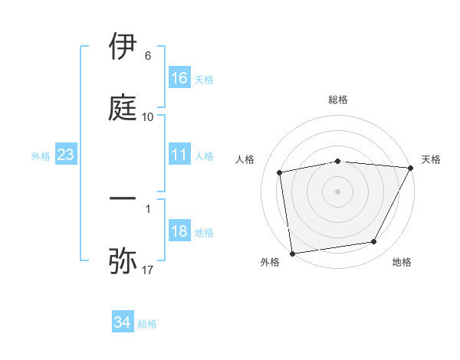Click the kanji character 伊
pos(123,47)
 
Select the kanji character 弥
pos(123,260)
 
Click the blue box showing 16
pos(179,78)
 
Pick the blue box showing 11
pos(179,155)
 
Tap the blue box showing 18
pos(179,232)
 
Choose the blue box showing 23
pos(65,155)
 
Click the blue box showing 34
pos(123,323)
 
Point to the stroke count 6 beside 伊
pos(147,57)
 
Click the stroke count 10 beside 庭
pos(147,117)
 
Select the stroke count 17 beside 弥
pos(147,270)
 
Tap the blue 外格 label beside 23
pos(41,156)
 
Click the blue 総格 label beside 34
pos(147,324)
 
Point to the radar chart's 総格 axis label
pos(338,100)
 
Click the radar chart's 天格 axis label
pos(432,159)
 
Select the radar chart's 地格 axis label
pos(402,263)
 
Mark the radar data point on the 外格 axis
pos(292,252)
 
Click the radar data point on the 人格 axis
pos(280,172)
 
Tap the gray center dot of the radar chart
pos(338,191)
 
